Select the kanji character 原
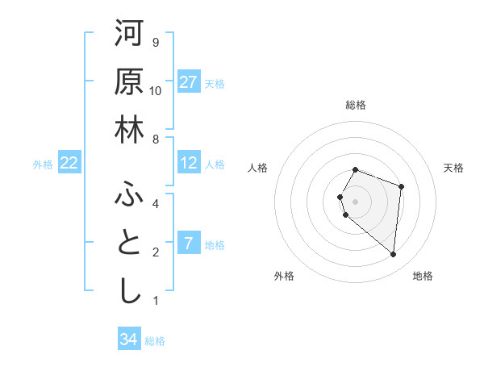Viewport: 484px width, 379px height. pyautogui.click(x=128, y=81)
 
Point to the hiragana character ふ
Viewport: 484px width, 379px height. pyautogui.click(x=128, y=194)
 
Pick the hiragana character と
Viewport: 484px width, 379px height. pyautogui.click(x=128, y=244)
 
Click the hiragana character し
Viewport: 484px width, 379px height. pyautogui.click(x=128, y=291)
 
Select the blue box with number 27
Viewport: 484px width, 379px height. pyautogui.click(x=189, y=81)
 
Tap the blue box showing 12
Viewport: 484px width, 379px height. pyautogui.click(x=189, y=163)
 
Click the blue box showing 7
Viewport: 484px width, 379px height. pyautogui.click(x=189, y=244)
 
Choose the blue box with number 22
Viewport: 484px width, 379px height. pyautogui.click(x=69, y=163)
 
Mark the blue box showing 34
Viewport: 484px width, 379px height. pyautogui.click(x=128, y=339)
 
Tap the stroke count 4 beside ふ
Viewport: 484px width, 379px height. pyautogui.click(x=156, y=204)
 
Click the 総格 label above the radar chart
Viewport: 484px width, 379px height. pyautogui.click(x=356, y=105)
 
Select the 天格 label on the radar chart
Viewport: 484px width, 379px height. pyautogui.click(x=454, y=168)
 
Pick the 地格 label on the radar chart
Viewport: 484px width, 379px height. pyautogui.click(x=423, y=276)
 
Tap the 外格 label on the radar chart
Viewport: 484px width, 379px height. pyautogui.click(x=284, y=276)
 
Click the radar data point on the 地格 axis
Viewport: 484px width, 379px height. pyautogui.click(x=393, y=255)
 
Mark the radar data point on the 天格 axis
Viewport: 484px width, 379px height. pyautogui.click(x=401, y=187)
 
